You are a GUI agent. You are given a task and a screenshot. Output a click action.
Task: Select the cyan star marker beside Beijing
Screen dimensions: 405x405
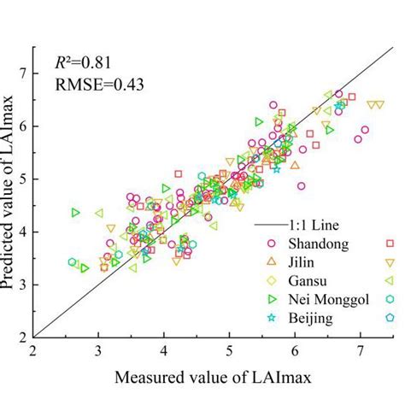pyautogui.click(x=273, y=317)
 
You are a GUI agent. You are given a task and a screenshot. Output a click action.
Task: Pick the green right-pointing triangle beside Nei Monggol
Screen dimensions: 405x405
pyautogui.click(x=273, y=298)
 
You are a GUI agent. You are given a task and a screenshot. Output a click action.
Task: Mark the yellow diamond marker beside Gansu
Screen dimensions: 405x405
pyautogui.click(x=273, y=279)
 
